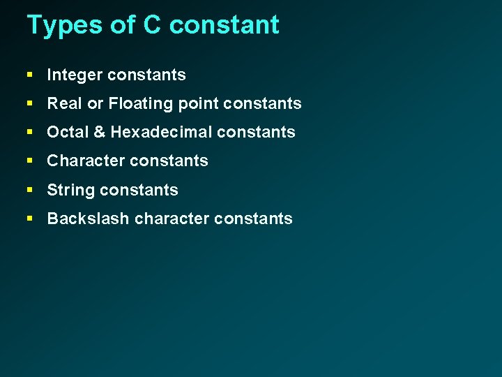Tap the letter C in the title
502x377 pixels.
point(152,25)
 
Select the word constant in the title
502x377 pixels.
point(224,25)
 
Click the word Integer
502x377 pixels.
point(74,75)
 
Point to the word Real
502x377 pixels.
point(63,104)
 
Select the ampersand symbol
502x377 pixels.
point(98,133)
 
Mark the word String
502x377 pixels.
point(70,190)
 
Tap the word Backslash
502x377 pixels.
point(88,219)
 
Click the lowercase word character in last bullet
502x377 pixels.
point(172,219)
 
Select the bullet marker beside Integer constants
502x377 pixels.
point(30,75)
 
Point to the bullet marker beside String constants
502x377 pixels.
point(30,189)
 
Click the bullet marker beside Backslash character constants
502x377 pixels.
point(30,218)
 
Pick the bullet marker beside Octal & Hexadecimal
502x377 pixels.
point(30,132)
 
